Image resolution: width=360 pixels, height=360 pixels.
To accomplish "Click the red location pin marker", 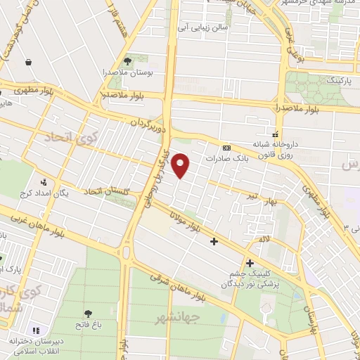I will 181,165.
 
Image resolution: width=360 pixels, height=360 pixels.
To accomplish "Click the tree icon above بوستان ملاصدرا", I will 127,60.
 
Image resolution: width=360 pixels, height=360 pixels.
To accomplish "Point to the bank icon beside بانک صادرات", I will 226,148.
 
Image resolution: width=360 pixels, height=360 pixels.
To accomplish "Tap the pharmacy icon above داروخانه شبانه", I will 275,132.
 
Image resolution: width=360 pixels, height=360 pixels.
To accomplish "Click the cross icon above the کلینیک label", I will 250,263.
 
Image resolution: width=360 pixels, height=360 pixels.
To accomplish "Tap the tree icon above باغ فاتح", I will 88,314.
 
